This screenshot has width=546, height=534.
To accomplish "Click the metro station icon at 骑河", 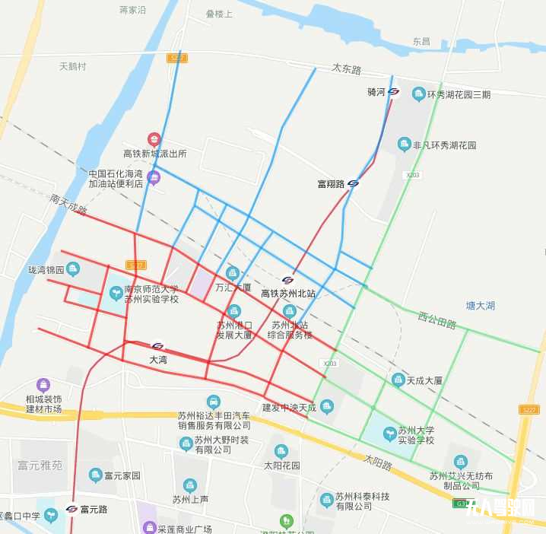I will coord(394,92).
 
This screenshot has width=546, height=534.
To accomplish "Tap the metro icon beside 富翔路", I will coord(353,183).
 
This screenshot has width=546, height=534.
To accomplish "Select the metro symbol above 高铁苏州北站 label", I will coord(287,280).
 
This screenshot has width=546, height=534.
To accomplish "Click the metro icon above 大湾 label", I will coord(157,346).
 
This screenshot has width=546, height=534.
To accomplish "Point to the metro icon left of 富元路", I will coord(71,509).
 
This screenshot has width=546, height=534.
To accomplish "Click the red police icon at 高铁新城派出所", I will coord(154,139).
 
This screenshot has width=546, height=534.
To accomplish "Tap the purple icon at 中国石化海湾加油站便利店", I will coord(154,178).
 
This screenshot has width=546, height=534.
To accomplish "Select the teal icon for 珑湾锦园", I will coord(73,268).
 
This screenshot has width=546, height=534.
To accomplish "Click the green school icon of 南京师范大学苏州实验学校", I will coord(116,291).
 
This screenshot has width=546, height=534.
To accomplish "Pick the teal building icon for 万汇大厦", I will coord(233,273).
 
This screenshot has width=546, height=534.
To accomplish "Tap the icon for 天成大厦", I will coord(398,379).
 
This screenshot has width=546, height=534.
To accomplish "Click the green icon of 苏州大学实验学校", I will coord(389,434).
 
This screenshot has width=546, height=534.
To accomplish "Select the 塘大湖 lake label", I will coord(481,306).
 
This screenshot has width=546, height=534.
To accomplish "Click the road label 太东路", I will coord(347,69).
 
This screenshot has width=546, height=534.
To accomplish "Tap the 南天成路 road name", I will coord(68,204).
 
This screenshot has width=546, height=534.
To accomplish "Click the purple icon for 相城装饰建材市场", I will coord(43,385).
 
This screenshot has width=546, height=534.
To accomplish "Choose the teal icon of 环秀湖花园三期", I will coord(417,94).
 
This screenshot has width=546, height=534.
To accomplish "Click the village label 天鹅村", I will coord(73,66).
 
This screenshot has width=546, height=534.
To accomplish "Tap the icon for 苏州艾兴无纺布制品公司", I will coord(460,462).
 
